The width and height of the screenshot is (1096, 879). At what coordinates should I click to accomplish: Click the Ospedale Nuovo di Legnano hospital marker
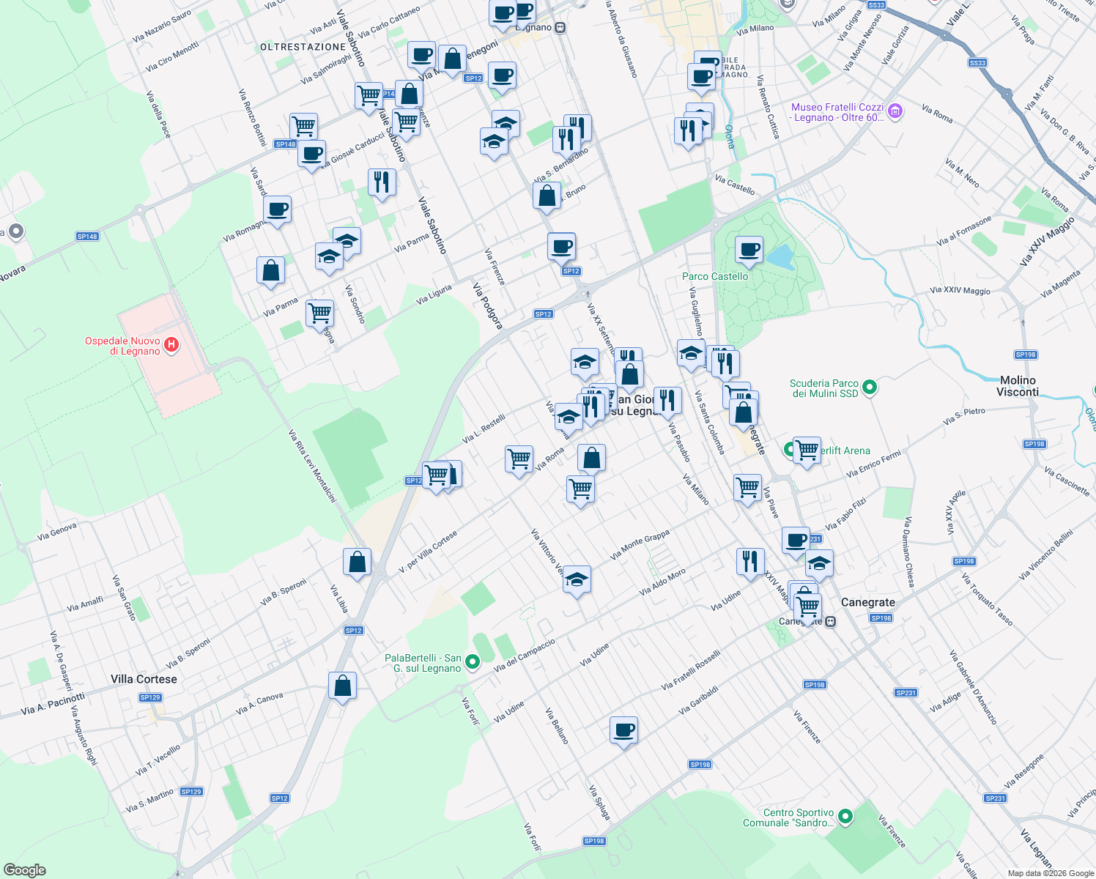point(171,344)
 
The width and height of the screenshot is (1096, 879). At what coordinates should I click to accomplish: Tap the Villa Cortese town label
point(144,679)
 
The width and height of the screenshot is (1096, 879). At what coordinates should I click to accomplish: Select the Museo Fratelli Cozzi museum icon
point(895,111)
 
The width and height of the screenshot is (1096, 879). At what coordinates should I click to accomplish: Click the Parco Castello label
point(715,276)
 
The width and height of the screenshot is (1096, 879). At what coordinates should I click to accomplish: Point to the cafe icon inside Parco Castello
point(749,250)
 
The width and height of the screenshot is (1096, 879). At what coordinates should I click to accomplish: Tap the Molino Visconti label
point(1018,386)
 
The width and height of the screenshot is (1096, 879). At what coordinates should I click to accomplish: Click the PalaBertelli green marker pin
point(473,662)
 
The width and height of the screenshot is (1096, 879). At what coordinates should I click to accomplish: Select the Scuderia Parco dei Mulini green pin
point(870,387)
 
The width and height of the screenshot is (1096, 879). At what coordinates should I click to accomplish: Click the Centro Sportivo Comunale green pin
point(845,816)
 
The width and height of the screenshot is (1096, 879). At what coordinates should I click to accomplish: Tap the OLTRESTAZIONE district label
point(303,47)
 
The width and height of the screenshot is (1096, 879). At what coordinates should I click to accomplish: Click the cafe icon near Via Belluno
point(623,730)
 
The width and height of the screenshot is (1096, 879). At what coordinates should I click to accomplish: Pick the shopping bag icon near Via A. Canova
point(342,686)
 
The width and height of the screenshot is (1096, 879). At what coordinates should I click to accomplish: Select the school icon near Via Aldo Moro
point(577,579)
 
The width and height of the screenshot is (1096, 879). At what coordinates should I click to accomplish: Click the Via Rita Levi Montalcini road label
point(312,466)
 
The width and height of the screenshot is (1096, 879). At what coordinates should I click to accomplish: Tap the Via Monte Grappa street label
point(640,545)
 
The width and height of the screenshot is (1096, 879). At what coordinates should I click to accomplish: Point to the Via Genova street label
point(57,532)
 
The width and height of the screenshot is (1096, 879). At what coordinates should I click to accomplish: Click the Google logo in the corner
point(24,870)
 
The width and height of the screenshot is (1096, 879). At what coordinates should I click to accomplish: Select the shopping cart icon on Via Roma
point(519,459)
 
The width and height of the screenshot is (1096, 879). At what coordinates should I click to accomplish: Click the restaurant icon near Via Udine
point(749,561)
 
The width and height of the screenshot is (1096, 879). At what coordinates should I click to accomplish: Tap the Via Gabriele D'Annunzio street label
point(973,687)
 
